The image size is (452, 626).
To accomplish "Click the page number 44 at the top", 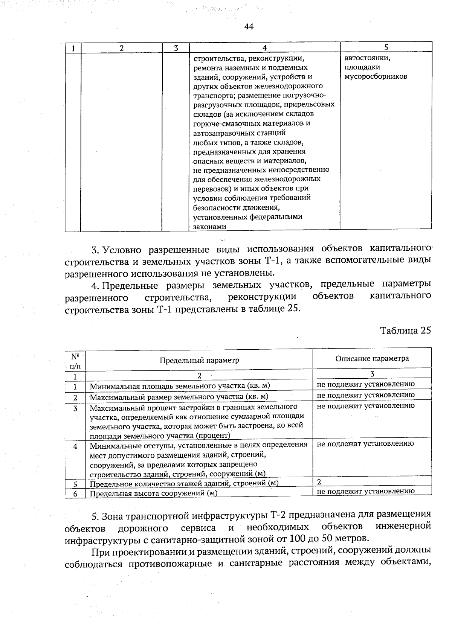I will point(249,26).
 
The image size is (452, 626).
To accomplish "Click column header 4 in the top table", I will point(265,48).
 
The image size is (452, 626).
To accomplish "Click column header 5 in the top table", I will point(386,47).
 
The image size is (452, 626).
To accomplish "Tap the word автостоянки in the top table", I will point(367,58).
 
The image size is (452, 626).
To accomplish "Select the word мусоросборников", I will point(376,76).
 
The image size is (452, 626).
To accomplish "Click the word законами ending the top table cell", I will point(209,227).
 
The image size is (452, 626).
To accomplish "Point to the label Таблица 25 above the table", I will point(405,331).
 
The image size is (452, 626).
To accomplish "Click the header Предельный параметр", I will point(199,360).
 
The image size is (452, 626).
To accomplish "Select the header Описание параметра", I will point(372,358).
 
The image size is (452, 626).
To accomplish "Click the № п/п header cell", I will point(75,361).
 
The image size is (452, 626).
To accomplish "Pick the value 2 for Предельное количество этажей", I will point(319,482).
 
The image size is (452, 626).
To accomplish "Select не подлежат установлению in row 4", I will point(365,443).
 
